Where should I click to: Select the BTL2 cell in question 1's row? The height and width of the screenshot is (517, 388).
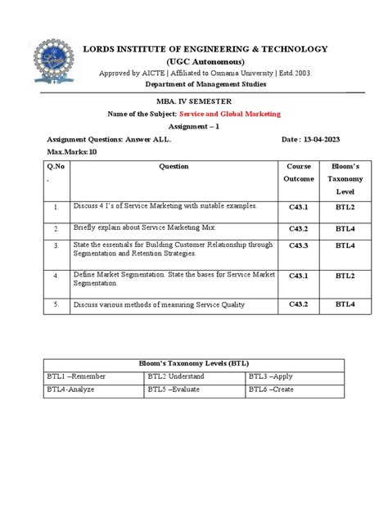[345, 207]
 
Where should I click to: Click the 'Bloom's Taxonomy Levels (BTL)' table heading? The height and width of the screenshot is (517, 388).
[194, 362]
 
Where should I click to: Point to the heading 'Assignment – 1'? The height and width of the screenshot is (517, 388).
[194, 127]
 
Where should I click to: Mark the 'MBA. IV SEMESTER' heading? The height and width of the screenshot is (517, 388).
[195, 101]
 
